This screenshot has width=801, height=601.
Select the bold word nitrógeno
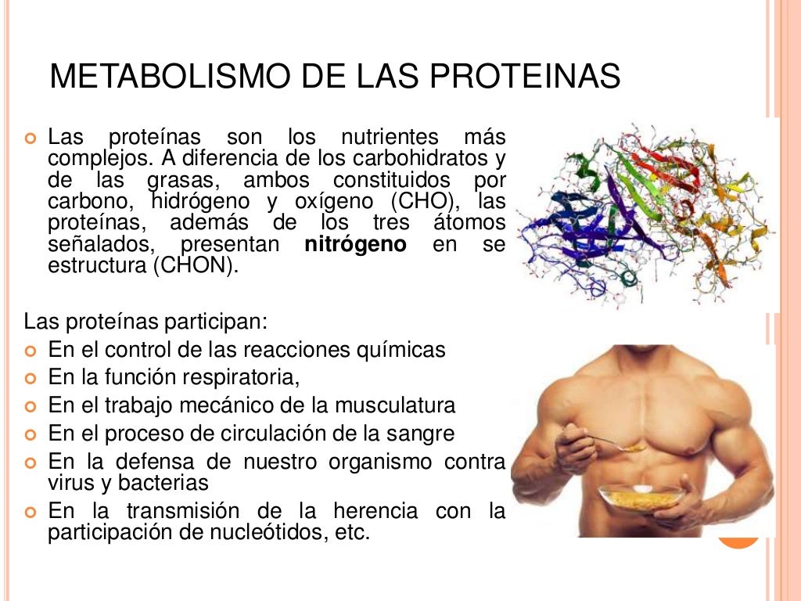coord(355,245)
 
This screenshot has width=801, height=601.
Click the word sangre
coord(420,434)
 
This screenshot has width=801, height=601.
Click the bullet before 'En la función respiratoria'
coord(31,379)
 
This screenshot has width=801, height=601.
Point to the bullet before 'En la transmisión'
coord(31,513)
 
